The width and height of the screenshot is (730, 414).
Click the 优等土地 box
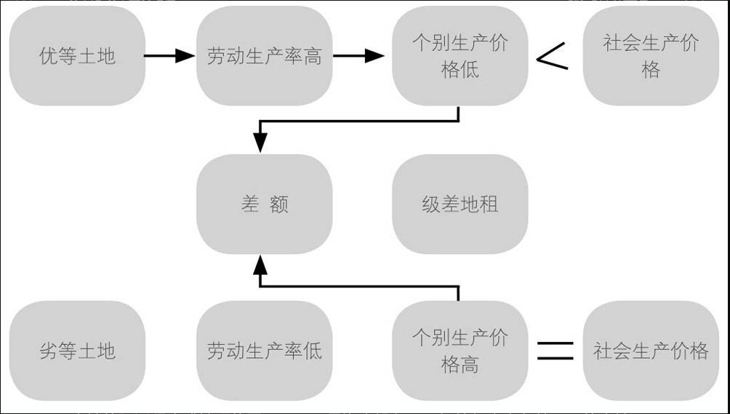[77, 56]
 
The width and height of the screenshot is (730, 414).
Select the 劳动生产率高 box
[264, 56]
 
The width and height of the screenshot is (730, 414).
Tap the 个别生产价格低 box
[460, 56]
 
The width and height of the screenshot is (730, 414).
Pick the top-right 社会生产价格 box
[651, 56]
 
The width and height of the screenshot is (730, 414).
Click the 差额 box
[264, 204]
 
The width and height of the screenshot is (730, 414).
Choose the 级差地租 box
[460, 204]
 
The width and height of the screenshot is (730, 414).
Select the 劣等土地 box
[77, 351]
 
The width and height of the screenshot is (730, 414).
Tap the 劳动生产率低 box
[264, 351]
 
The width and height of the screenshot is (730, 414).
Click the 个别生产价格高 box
[460, 351]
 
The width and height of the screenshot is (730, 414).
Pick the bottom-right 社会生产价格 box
[651, 351]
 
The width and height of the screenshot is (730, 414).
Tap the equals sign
[555, 351]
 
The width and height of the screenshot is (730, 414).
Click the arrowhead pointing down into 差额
[260, 144]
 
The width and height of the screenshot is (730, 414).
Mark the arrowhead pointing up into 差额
[260, 264]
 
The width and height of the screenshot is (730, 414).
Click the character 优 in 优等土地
[48, 57]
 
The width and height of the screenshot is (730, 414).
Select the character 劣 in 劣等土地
[48, 351]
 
